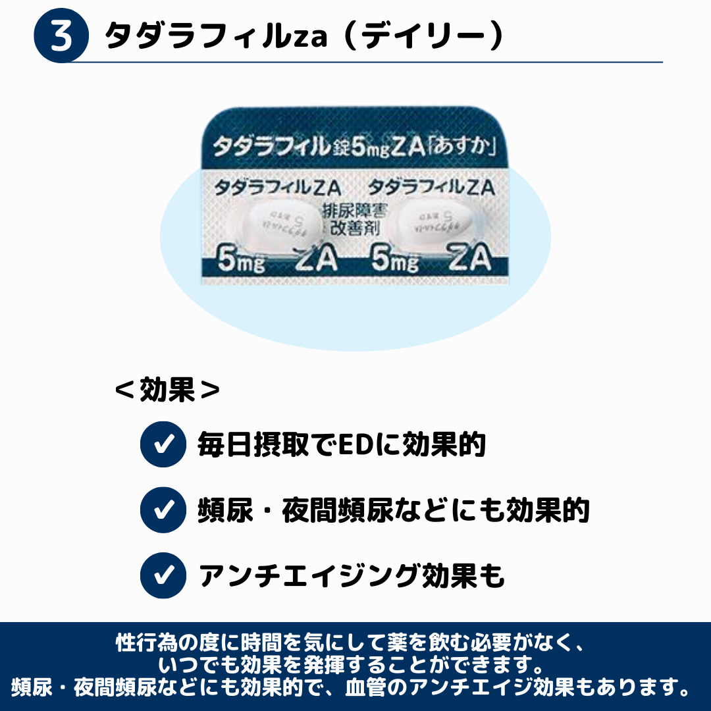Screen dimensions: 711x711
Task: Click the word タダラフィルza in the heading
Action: click(217, 37)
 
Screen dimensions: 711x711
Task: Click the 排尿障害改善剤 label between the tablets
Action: click(353, 222)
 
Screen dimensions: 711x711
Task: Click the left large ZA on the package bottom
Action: click(317, 261)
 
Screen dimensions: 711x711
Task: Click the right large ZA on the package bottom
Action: click(470, 261)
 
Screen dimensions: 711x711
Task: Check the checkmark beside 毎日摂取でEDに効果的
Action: click(163, 444)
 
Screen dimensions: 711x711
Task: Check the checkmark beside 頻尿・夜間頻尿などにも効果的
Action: click(163, 510)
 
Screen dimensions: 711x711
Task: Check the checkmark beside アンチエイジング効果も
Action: click(163, 575)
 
